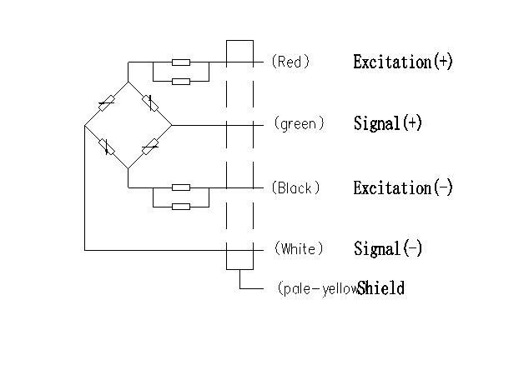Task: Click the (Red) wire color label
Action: coord(290,62)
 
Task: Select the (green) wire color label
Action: coord(298,124)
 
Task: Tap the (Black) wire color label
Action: coord(295,187)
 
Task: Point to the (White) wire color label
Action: coord(298,249)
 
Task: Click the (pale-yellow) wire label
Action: coord(316,289)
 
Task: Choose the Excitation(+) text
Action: coord(403,62)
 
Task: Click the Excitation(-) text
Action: coord(403,187)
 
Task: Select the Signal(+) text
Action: coord(388,124)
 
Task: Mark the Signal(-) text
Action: coord(388,249)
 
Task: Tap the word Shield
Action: coord(381,289)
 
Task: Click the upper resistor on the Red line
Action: coord(180,62)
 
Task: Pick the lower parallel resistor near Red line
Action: coord(180,81)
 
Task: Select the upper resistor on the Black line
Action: coord(180,187)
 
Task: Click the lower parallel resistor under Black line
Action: coord(180,206)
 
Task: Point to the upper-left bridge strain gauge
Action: coord(106,104)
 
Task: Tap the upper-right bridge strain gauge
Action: coord(149,104)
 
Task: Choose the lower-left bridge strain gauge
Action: coord(106,147)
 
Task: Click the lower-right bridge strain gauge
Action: coord(149,147)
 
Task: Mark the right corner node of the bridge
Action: coord(171,126)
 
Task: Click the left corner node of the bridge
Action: coord(85,126)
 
